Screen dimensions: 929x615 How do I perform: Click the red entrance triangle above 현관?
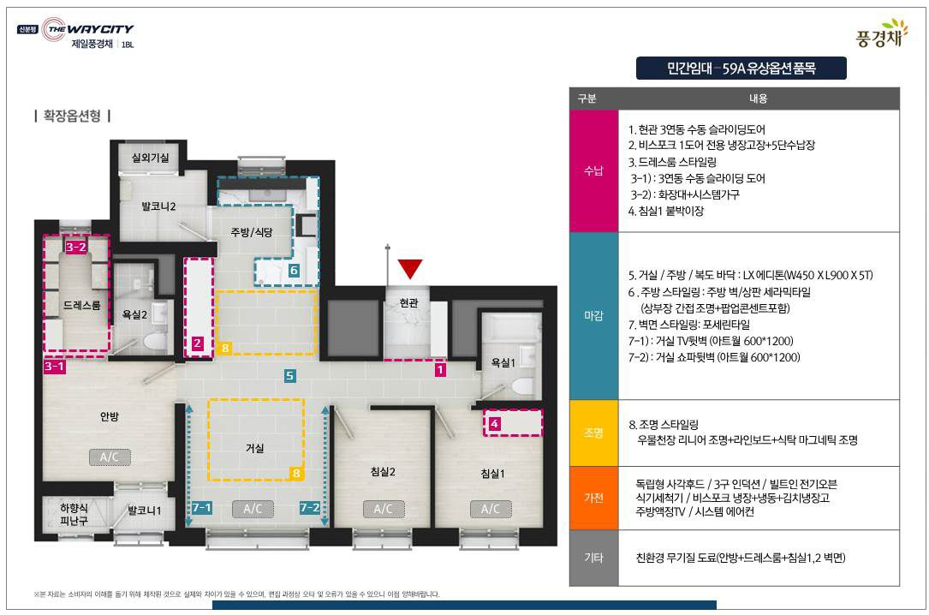pos(410,268)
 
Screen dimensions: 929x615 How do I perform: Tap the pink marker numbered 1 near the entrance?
pos(440,370)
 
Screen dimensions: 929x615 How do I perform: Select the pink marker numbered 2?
pos(197,343)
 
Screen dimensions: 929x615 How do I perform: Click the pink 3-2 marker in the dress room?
pos(76,247)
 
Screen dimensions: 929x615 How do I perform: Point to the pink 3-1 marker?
pos(55,367)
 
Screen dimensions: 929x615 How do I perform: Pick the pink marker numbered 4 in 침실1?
pos(494,424)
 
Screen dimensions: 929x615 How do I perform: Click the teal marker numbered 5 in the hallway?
pos(289,376)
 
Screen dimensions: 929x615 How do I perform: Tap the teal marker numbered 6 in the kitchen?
pos(294,271)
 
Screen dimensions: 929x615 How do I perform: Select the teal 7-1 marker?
pos(201,508)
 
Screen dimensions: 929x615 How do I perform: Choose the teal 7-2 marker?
pos(309,508)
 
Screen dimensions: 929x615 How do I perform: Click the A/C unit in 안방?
pos(110,457)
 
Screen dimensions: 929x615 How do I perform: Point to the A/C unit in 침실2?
pos(384,509)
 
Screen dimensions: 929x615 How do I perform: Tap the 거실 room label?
pos(255,449)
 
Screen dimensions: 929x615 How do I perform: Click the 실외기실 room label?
pos(150,158)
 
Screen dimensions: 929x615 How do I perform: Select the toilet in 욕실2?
pos(155,342)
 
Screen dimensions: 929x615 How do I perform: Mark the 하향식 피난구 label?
pos(74,514)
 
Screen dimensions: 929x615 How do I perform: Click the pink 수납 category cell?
pos(593,171)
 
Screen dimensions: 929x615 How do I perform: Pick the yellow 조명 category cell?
pos(593,433)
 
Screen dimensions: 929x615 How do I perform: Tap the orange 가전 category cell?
pos(593,499)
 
